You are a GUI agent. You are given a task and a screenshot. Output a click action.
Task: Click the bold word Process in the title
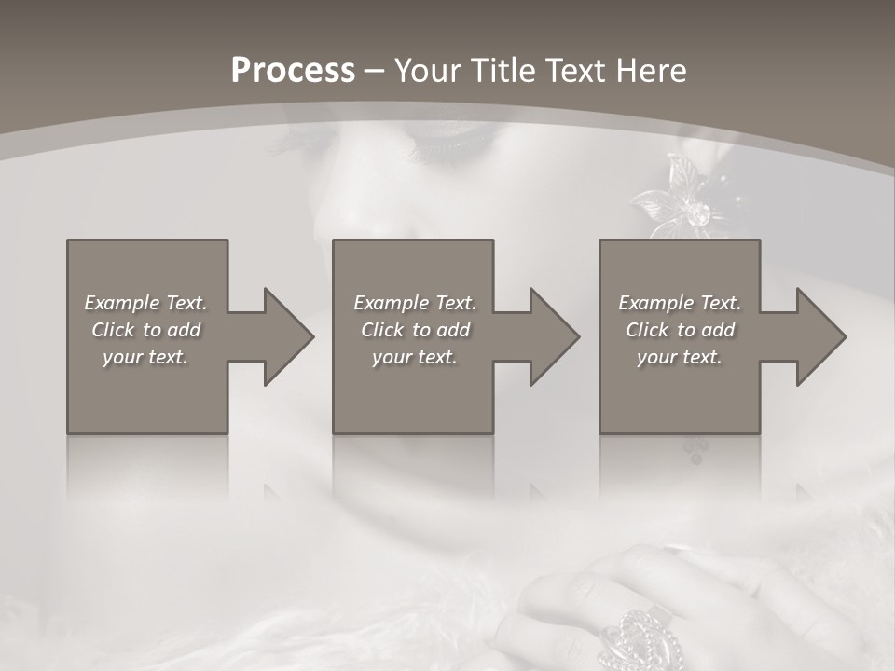pyautogui.click(x=293, y=71)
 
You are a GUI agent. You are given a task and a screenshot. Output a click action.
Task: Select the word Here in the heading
pyautogui.click(x=651, y=71)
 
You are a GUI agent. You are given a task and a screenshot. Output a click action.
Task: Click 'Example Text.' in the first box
pyautogui.click(x=145, y=303)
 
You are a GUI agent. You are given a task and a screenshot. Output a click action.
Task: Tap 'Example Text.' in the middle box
pyautogui.click(x=415, y=303)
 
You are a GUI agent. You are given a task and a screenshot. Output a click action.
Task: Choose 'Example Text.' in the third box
pyautogui.click(x=680, y=303)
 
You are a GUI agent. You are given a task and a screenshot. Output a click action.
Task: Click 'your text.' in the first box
pyautogui.click(x=145, y=357)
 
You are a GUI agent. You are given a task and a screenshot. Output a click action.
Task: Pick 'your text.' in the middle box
pyautogui.click(x=415, y=357)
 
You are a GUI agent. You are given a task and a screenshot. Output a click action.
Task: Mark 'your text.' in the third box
pyautogui.click(x=680, y=357)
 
